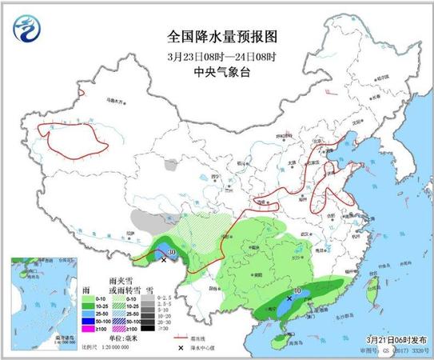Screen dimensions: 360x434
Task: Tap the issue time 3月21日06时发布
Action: click(x=390, y=341)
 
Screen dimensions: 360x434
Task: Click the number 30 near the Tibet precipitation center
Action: click(x=171, y=252)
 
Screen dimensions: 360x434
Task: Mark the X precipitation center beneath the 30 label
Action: click(x=164, y=260)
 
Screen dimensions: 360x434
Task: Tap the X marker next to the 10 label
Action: click(x=289, y=298)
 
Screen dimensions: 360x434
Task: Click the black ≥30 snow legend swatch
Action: click(x=149, y=328)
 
